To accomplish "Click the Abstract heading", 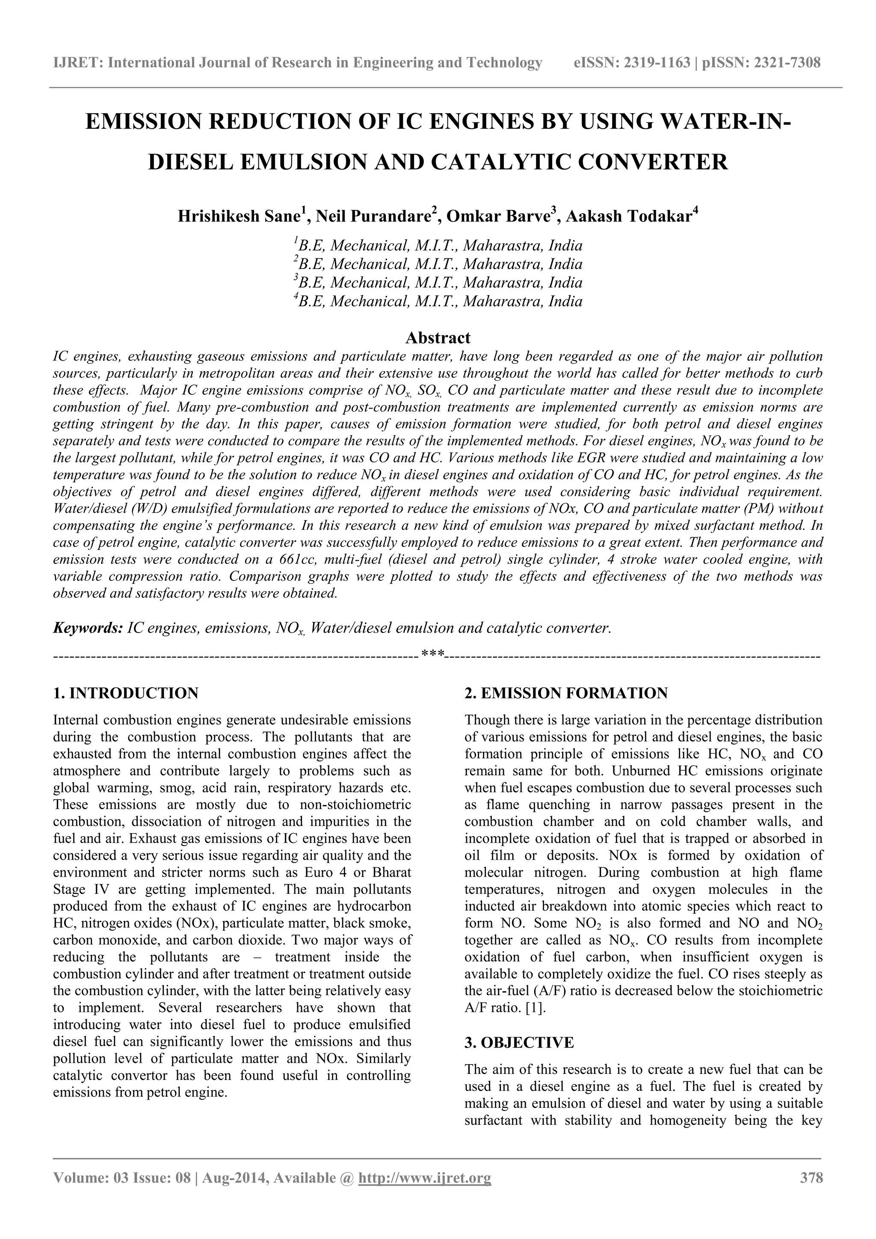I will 438,338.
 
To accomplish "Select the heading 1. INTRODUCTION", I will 126,693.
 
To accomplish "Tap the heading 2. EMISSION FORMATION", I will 566,693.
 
